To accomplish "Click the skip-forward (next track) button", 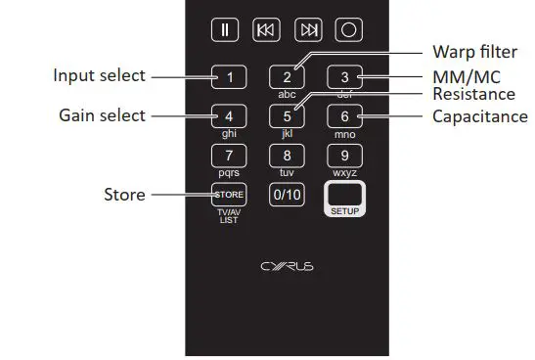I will pos(306,30).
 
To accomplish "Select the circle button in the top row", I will pos(348,30).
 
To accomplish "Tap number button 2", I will pos(287,76).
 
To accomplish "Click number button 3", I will pos(343,76).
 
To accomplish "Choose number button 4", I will pos(229,115).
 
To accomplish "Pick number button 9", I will pos(343,155).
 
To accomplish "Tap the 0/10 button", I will pos(287,194).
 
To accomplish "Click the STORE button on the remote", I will pos(229,194).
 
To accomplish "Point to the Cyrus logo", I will pos(287,264).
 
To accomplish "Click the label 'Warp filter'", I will pos(474,52).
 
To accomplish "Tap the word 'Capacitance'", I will pos(480,116).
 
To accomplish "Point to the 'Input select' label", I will pos(99,75).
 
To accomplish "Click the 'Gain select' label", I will pos(102,115).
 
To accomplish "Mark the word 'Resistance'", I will pos(474,95).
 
